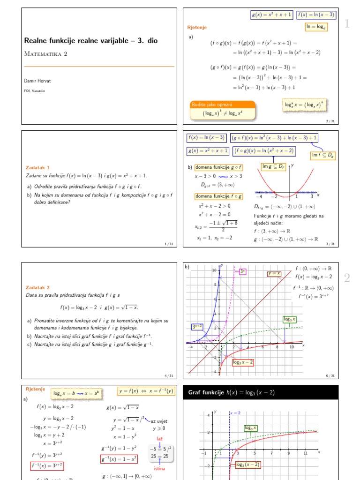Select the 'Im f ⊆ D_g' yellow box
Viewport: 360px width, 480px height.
tap(324, 155)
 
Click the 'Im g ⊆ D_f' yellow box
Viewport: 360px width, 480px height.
tap(273, 166)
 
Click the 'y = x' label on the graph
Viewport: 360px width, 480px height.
tap(274, 274)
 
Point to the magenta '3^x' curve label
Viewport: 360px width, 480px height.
tap(242, 271)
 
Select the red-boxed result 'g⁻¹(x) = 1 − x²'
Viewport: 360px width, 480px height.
tap(119, 459)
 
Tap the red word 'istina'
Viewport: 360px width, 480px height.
tap(159, 468)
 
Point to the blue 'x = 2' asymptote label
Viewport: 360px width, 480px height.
tap(234, 413)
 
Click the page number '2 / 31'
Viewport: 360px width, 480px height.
tap(330, 121)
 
